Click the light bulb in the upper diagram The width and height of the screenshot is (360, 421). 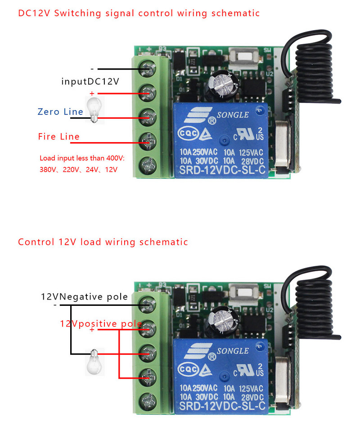[x=94, y=109]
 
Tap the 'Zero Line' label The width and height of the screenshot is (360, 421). [x=60, y=112]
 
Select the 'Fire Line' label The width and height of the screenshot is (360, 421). [x=58, y=136]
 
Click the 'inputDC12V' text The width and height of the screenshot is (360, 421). [x=90, y=81]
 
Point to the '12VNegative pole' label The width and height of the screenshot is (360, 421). [x=84, y=297]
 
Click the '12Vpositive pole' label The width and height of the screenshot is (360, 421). [x=101, y=324]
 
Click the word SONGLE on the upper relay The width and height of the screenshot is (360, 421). [x=233, y=115]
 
